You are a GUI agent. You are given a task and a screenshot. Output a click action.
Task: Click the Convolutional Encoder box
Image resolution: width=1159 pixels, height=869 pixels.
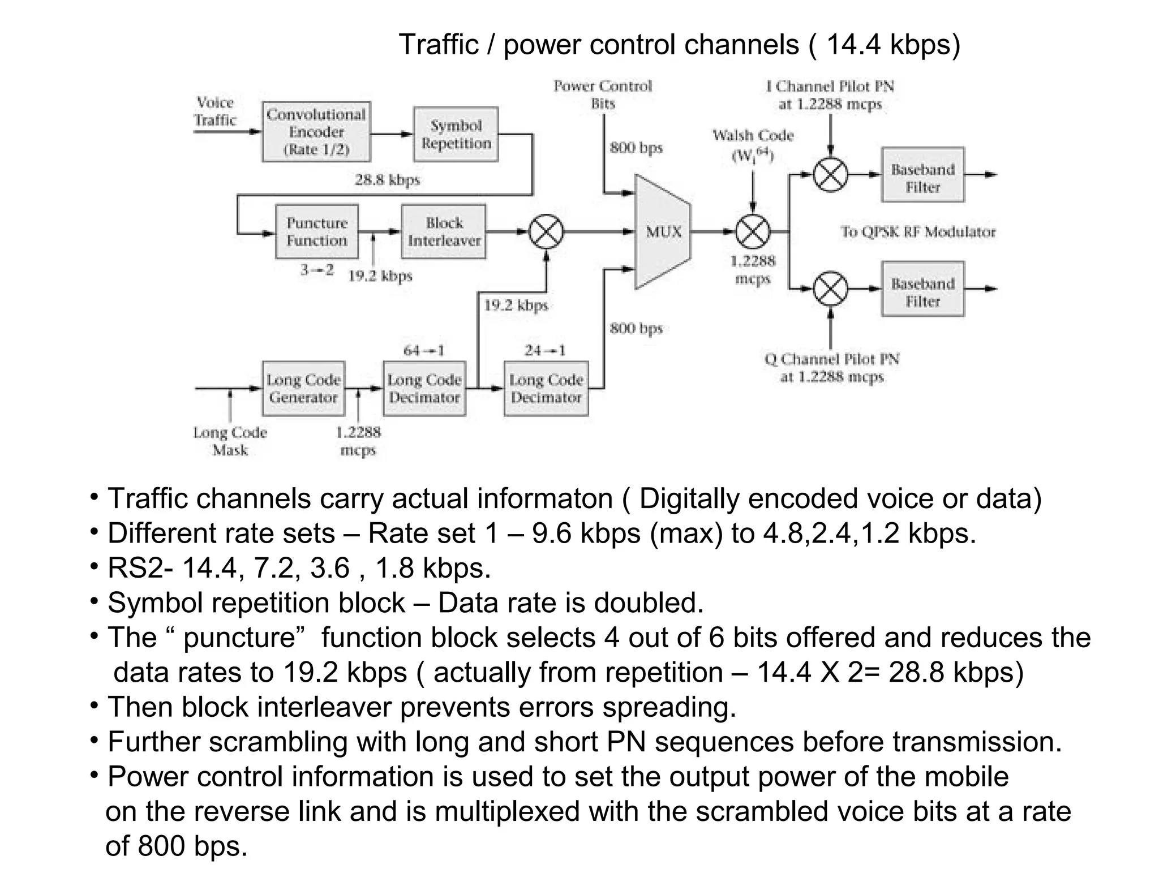click(x=316, y=132)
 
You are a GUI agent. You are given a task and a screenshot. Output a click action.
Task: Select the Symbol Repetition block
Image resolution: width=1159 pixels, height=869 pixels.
click(x=456, y=135)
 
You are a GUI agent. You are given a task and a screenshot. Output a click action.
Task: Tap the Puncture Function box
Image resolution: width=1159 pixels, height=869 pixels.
click(x=317, y=231)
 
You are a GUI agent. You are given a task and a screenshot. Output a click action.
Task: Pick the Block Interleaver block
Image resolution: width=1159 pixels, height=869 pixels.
click(x=444, y=231)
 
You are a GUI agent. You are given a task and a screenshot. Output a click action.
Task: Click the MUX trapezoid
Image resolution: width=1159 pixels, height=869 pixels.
click(x=663, y=231)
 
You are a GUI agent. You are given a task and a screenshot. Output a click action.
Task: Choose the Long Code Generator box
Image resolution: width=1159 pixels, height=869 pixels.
click(x=303, y=389)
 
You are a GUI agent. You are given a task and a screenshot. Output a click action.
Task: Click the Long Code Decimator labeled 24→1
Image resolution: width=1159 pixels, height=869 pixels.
click(x=546, y=389)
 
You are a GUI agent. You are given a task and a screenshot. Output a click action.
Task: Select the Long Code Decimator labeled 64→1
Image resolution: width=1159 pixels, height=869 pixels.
click(x=424, y=389)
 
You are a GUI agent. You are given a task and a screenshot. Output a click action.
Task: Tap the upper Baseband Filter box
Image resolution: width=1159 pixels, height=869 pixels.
click(x=922, y=175)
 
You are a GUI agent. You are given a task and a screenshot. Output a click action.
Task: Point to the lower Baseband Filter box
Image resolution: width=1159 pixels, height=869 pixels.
click(x=922, y=289)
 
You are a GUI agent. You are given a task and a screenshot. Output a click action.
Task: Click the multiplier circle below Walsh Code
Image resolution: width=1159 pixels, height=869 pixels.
click(x=753, y=232)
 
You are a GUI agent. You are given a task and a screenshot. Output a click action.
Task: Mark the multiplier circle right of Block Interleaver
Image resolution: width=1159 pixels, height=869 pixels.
click(x=546, y=232)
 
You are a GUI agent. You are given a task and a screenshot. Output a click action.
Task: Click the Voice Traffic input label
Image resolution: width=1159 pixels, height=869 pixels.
click(x=215, y=111)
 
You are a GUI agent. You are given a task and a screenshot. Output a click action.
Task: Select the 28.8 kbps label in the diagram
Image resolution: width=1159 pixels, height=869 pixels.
click(x=387, y=180)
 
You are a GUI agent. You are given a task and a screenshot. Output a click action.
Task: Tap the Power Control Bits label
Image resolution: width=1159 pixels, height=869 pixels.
click(x=603, y=95)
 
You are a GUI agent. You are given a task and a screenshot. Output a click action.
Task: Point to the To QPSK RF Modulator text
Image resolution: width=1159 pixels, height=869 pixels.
click(x=917, y=232)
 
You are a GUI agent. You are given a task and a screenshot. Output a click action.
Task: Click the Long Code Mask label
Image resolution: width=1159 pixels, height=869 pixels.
click(x=230, y=441)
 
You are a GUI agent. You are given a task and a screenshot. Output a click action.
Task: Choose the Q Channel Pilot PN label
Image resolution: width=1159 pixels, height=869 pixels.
click(x=831, y=368)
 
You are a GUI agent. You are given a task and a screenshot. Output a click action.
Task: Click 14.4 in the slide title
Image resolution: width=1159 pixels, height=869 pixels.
click(x=854, y=45)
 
